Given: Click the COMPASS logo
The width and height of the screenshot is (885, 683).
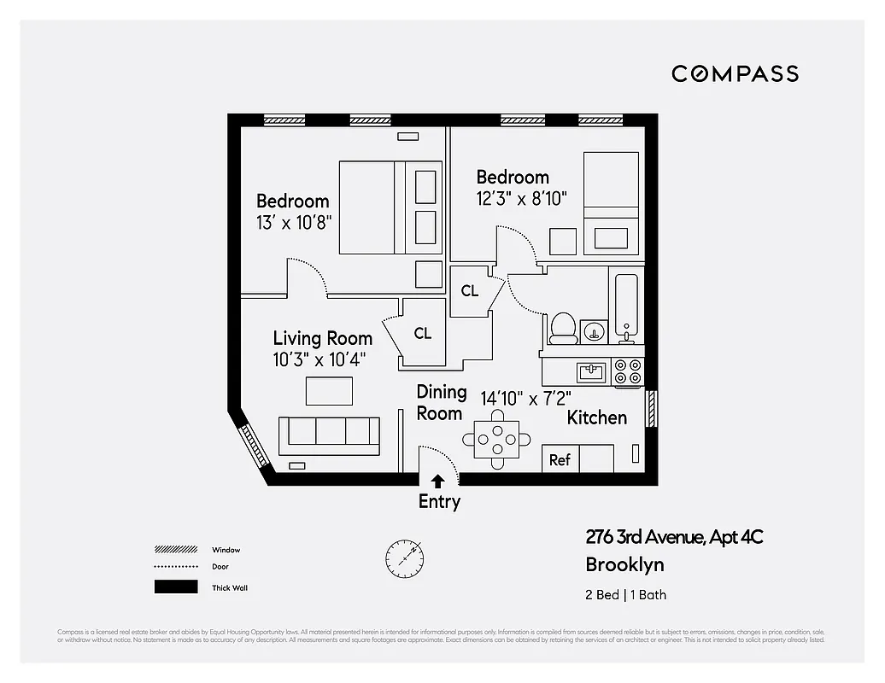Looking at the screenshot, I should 735,73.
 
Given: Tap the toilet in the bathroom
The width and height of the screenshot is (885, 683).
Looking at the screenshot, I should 562,327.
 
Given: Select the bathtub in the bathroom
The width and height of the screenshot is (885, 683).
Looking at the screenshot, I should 625,306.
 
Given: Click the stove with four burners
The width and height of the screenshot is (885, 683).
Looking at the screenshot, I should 629,371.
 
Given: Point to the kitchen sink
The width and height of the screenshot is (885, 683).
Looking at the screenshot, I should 590,371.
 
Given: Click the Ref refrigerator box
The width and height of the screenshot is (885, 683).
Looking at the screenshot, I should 560,459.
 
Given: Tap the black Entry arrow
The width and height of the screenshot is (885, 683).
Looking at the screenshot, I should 437,481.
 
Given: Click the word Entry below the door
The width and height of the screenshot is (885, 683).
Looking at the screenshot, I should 439,501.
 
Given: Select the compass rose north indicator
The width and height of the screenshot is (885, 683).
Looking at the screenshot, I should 404,557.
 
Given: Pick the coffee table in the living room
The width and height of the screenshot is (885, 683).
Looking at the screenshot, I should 329,390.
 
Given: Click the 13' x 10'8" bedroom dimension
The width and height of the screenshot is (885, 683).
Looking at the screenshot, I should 294,221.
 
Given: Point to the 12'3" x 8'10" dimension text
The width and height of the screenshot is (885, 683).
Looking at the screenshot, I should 522,197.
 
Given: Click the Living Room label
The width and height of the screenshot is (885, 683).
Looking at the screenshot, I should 322,338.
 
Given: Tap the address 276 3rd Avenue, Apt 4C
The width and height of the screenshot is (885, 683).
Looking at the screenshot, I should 673,537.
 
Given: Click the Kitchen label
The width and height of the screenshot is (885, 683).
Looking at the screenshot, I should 597,417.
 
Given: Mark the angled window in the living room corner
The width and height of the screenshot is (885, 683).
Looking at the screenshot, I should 254,445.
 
